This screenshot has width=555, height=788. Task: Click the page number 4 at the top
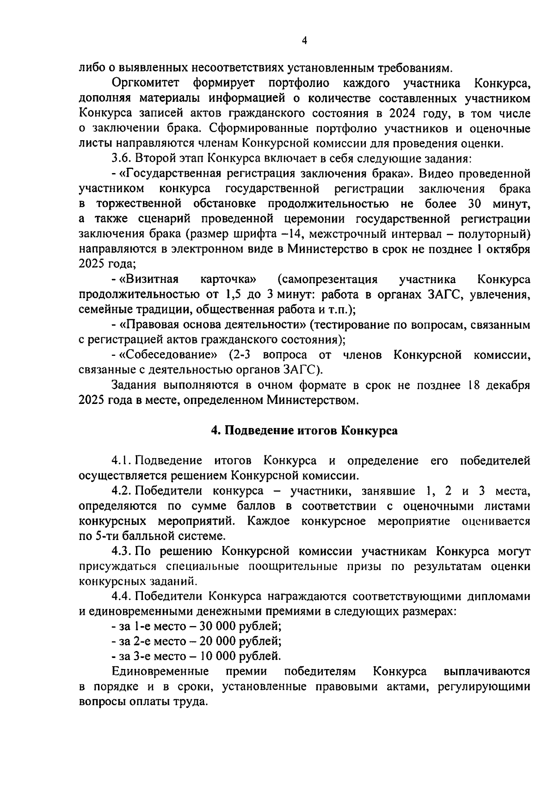pyautogui.click(x=304, y=41)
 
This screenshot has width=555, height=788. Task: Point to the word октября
pyautogui.click(x=509, y=249)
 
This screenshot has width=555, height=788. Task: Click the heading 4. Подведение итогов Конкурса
pyautogui.click(x=304, y=431)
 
